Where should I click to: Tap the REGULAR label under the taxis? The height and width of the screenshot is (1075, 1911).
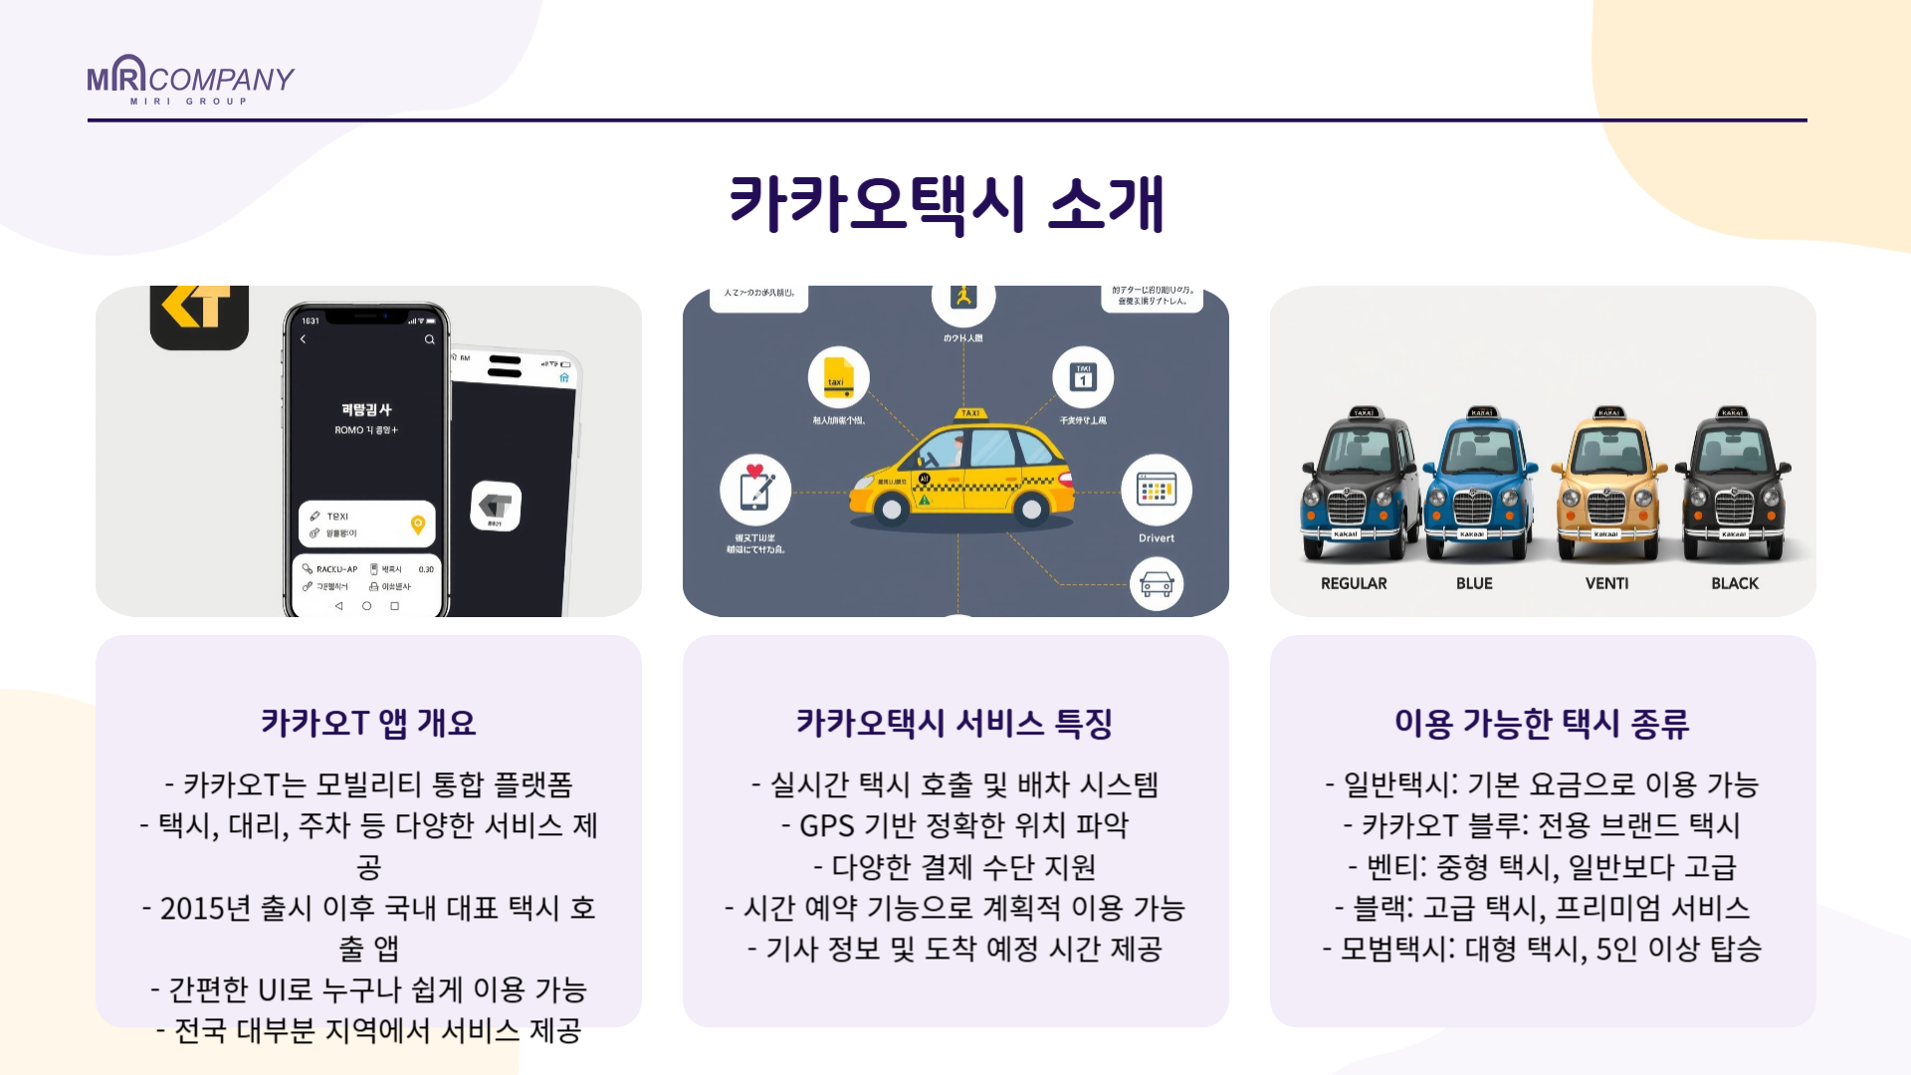(x=1354, y=583)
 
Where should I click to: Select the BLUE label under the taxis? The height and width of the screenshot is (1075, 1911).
(x=1474, y=583)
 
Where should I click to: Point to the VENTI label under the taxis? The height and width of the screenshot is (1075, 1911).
(x=1606, y=583)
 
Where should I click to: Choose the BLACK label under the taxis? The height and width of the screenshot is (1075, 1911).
(x=1735, y=583)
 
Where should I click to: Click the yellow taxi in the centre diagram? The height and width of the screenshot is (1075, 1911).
(x=961, y=470)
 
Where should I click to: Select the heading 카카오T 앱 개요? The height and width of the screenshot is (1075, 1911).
(x=368, y=723)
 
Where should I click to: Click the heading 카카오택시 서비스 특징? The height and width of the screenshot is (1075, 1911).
(x=955, y=723)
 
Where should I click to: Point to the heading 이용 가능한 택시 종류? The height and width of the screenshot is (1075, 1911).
(x=1542, y=723)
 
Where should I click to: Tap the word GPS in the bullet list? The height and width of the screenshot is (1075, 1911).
(x=826, y=826)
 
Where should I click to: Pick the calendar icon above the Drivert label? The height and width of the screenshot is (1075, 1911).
(x=1156, y=490)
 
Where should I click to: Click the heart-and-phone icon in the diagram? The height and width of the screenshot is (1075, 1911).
(x=755, y=490)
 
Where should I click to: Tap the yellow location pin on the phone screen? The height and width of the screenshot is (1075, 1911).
(x=418, y=525)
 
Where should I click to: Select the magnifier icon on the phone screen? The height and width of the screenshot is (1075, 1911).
(x=430, y=339)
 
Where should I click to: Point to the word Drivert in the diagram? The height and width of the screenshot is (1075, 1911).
(x=1157, y=538)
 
